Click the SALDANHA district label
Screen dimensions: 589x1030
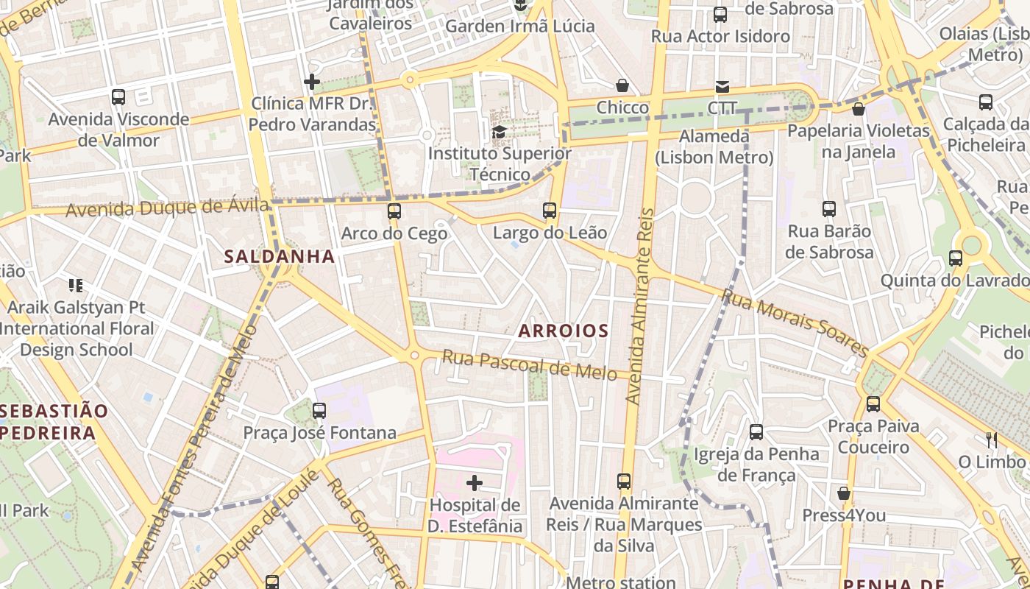tap(280, 256)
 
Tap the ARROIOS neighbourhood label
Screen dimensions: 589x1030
tap(564, 331)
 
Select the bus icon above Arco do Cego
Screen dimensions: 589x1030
tap(394, 211)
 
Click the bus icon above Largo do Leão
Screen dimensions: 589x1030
tap(550, 211)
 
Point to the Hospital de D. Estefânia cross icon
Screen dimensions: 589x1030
tap(475, 483)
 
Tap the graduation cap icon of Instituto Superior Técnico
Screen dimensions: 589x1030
tap(500, 132)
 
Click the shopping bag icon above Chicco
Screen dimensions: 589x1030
tap(622, 85)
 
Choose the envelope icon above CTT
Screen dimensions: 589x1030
tap(722, 87)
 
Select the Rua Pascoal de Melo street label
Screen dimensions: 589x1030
tap(529, 365)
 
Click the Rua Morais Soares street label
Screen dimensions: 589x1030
tap(795, 322)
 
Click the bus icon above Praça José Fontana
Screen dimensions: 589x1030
tap(319, 410)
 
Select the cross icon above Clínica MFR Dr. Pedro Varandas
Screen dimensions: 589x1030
tap(312, 81)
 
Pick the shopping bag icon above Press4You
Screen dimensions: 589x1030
tap(844, 493)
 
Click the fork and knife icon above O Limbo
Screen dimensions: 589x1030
tap(991, 440)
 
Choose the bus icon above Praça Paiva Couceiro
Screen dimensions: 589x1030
tap(873, 403)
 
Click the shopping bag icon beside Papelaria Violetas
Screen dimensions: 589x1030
tap(858, 110)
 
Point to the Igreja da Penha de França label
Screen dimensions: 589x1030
tap(756, 465)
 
